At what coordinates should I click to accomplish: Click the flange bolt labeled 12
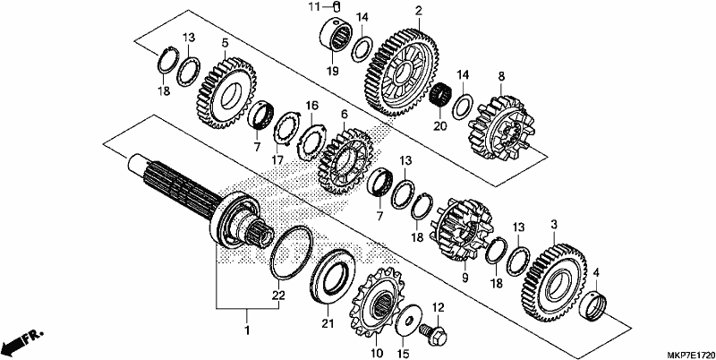point(434,335)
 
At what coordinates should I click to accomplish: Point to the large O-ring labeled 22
point(292,253)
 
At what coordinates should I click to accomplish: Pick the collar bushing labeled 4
point(592,306)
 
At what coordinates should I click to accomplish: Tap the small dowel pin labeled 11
point(338,6)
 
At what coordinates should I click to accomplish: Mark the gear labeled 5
point(226,93)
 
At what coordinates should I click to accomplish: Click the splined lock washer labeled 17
point(286,128)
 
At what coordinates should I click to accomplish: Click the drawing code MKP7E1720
point(691,355)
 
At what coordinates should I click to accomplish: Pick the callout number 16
point(311,106)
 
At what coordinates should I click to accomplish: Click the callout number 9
point(465,277)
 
